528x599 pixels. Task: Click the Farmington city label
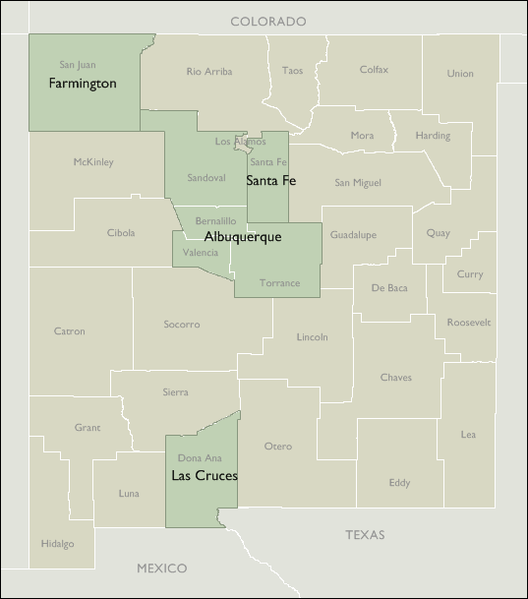coord(83,84)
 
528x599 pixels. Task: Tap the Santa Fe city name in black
coord(270,181)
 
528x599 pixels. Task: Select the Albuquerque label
coord(243,237)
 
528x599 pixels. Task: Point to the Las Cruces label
coord(205,476)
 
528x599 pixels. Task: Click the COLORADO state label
coord(268,21)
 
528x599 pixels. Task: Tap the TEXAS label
coord(365,535)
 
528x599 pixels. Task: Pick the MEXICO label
coord(162,569)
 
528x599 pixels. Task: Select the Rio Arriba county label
coord(209,71)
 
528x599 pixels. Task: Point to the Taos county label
coord(293,71)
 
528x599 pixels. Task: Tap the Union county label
coord(460,74)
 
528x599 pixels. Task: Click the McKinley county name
coord(93,162)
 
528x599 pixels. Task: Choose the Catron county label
coord(69,331)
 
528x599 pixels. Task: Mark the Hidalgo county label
coord(57,544)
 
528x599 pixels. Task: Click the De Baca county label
coord(389,288)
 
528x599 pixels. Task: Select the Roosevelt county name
coord(468,323)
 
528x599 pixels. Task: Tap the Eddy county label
coord(399,483)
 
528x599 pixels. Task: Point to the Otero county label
coord(278,447)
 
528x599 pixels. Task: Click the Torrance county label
coord(280,283)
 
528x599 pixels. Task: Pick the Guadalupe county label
coord(353,235)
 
